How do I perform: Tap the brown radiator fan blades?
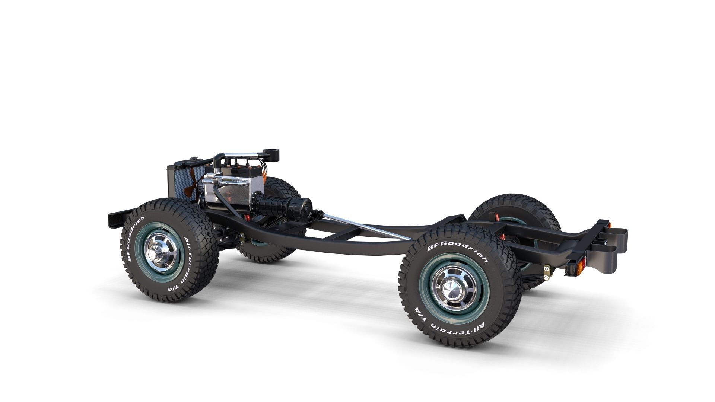(x=191, y=182)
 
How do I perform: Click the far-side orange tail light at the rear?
(x=609, y=225)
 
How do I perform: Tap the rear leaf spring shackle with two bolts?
(x=547, y=272)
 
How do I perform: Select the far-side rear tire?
(x=521, y=208)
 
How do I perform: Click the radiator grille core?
(x=175, y=182)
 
